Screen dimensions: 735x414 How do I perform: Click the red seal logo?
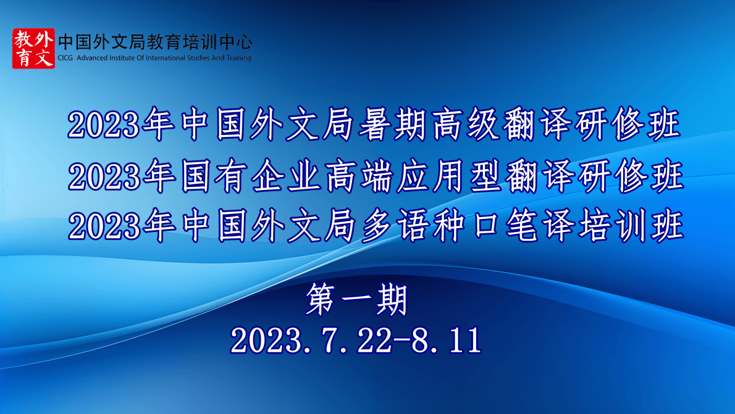coord(33,48)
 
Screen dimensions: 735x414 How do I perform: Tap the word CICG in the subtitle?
coord(65,58)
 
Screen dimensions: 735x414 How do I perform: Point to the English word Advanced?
coord(92,58)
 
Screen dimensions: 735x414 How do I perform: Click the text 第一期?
coord(357,299)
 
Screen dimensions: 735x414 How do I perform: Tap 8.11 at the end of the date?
coord(446,340)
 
